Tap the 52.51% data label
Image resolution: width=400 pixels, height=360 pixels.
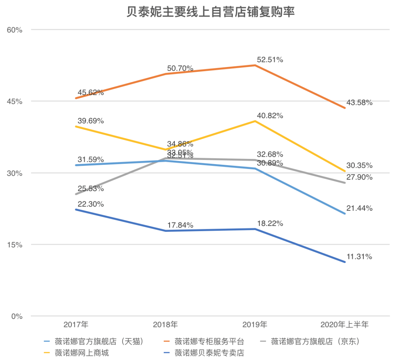click(x=270, y=60)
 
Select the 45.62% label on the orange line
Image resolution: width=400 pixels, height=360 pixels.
click(x=91, y=93)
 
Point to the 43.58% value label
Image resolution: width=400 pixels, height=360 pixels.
click(x=360, y=103)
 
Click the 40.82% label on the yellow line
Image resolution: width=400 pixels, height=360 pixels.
click(x=270, y=116)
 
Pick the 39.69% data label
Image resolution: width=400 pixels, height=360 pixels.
click(x=91, y=121)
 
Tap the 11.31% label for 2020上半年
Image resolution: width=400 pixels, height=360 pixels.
click(x=360, y=257)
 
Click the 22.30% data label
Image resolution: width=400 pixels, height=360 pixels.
click(x=91, y=204)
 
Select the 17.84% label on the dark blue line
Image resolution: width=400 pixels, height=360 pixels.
click(x=180, y=225)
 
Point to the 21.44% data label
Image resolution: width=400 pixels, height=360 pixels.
click(x=360, y=208)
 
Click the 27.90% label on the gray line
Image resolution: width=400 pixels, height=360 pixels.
click(x=360, y=177)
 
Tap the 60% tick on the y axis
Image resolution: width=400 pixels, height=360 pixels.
click(x=15, y=30)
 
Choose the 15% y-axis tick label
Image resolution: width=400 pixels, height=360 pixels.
click(x=15, y=245)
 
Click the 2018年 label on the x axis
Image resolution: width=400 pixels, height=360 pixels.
click(x=166, y=325)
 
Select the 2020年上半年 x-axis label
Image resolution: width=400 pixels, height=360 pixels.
click(x=344, y=325)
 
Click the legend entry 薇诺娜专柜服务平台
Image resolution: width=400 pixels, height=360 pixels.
click(x=209, y=341)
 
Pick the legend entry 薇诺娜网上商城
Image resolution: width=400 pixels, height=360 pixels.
click(x=81, y=353)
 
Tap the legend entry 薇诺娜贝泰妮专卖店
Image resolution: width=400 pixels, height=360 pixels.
click(x=209, y=353)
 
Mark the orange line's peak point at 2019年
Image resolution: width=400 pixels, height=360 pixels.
click(x=255, y=65)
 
